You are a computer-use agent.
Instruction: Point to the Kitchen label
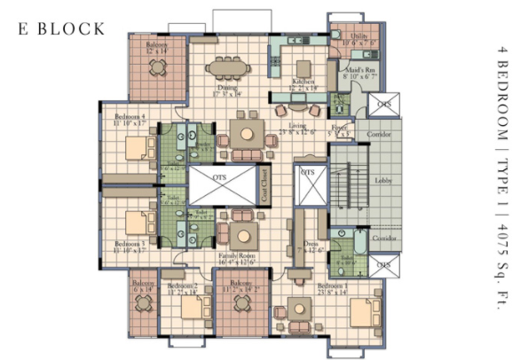[303, 82]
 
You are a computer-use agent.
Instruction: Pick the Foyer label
[338, 129]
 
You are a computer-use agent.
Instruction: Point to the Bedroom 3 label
[130, 243]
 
